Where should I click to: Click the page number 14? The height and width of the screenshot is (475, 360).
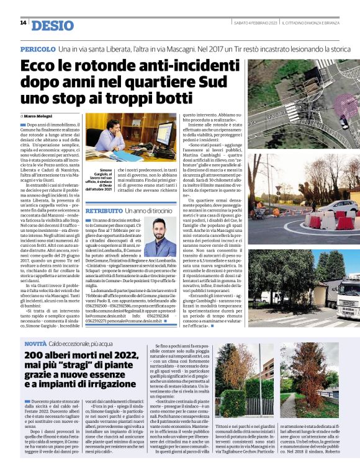coord(23,23)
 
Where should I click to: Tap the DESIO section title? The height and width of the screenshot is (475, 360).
coord(52,25)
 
